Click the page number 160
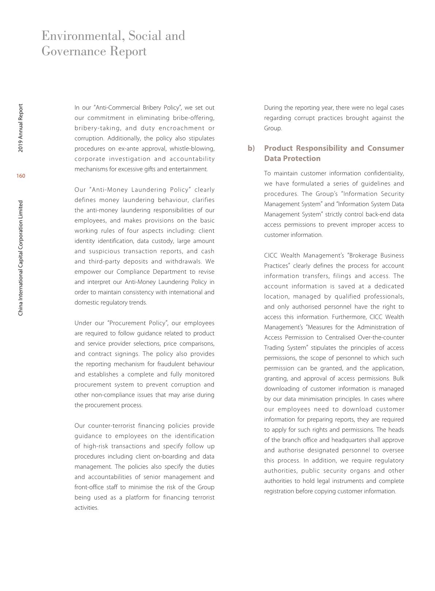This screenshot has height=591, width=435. pyautogui.click(x=21, y=176)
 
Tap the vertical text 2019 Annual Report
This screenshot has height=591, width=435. pyautogui.click(x=21, y=128)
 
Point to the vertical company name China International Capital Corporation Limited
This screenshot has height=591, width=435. pyautogui.click(x=21, y=258)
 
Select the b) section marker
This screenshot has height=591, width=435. pyautogui.click(x=251, y=148)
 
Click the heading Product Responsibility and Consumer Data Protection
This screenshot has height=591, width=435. pyautogui.click(x=334, y=153)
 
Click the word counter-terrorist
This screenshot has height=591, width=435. pyautogui.click(x=112, y=426)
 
